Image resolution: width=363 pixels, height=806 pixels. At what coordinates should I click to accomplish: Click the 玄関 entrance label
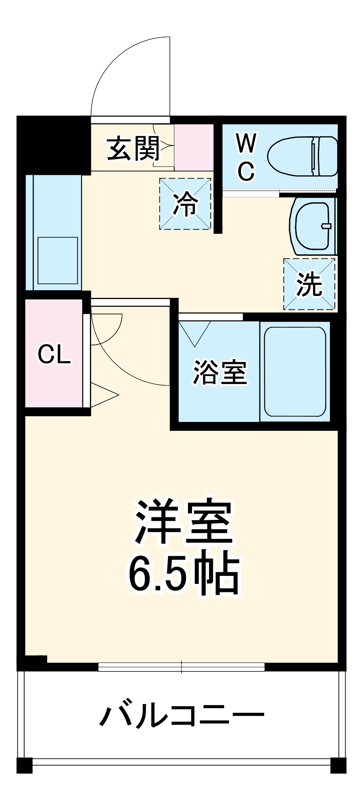pos(133,149)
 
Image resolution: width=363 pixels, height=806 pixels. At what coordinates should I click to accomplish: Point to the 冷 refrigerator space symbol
pos(185,204)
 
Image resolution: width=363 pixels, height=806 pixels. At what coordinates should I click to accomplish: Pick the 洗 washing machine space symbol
pos(309,284)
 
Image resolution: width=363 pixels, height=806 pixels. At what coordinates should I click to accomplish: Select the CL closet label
pos(54,355)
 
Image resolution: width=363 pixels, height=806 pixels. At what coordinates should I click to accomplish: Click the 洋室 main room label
pos(184,522)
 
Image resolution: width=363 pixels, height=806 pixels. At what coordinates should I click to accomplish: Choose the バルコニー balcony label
pos(181,715)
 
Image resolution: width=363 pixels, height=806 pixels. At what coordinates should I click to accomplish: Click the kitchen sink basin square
pos(58,260)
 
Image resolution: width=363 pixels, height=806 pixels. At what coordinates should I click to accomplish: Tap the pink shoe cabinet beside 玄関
pos(194,147)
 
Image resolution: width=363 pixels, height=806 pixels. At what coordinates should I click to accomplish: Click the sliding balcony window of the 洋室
pos(181,667)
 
